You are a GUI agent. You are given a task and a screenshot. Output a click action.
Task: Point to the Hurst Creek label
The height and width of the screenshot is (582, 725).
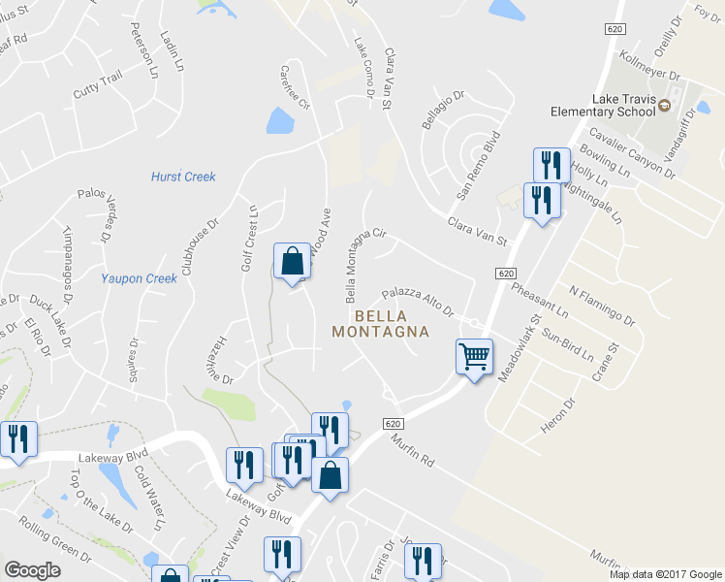183,177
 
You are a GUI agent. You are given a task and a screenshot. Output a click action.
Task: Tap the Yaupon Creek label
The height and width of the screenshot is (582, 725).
140,278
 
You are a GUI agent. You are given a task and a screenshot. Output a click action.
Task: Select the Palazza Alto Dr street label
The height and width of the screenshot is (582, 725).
418,301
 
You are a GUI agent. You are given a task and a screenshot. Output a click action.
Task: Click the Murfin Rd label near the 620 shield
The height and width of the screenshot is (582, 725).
416,453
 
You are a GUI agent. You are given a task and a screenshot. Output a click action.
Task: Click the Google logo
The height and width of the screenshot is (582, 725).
32,570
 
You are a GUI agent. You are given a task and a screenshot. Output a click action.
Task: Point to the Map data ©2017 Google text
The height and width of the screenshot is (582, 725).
665,574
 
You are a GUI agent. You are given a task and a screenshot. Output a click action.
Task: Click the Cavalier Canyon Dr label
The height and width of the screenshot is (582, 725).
633,153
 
